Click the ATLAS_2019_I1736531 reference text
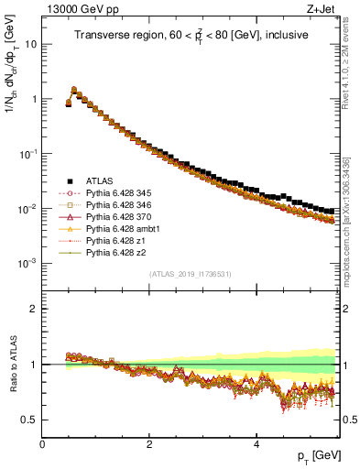tap(191, 274)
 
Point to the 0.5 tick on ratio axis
tap(30, 420)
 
